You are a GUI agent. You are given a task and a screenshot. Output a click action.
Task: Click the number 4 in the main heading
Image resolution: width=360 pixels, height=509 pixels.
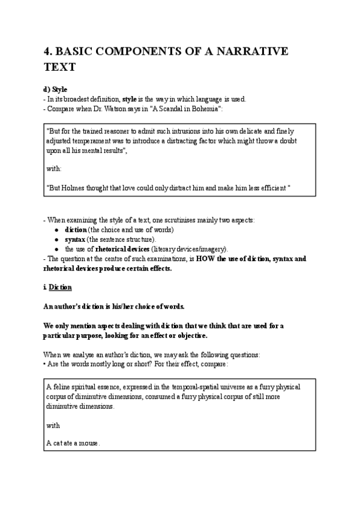click(x=49, y=52)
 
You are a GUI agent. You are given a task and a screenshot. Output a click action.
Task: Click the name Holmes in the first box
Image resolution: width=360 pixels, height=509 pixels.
click(x=74, y=188)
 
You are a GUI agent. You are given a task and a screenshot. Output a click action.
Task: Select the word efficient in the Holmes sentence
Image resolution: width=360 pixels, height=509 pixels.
click(x=269, y=188)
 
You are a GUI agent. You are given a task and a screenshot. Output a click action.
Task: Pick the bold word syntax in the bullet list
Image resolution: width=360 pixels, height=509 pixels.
click(x=75, y=239)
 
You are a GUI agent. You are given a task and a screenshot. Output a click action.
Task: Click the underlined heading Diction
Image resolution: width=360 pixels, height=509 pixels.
click(x=60, y=288)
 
